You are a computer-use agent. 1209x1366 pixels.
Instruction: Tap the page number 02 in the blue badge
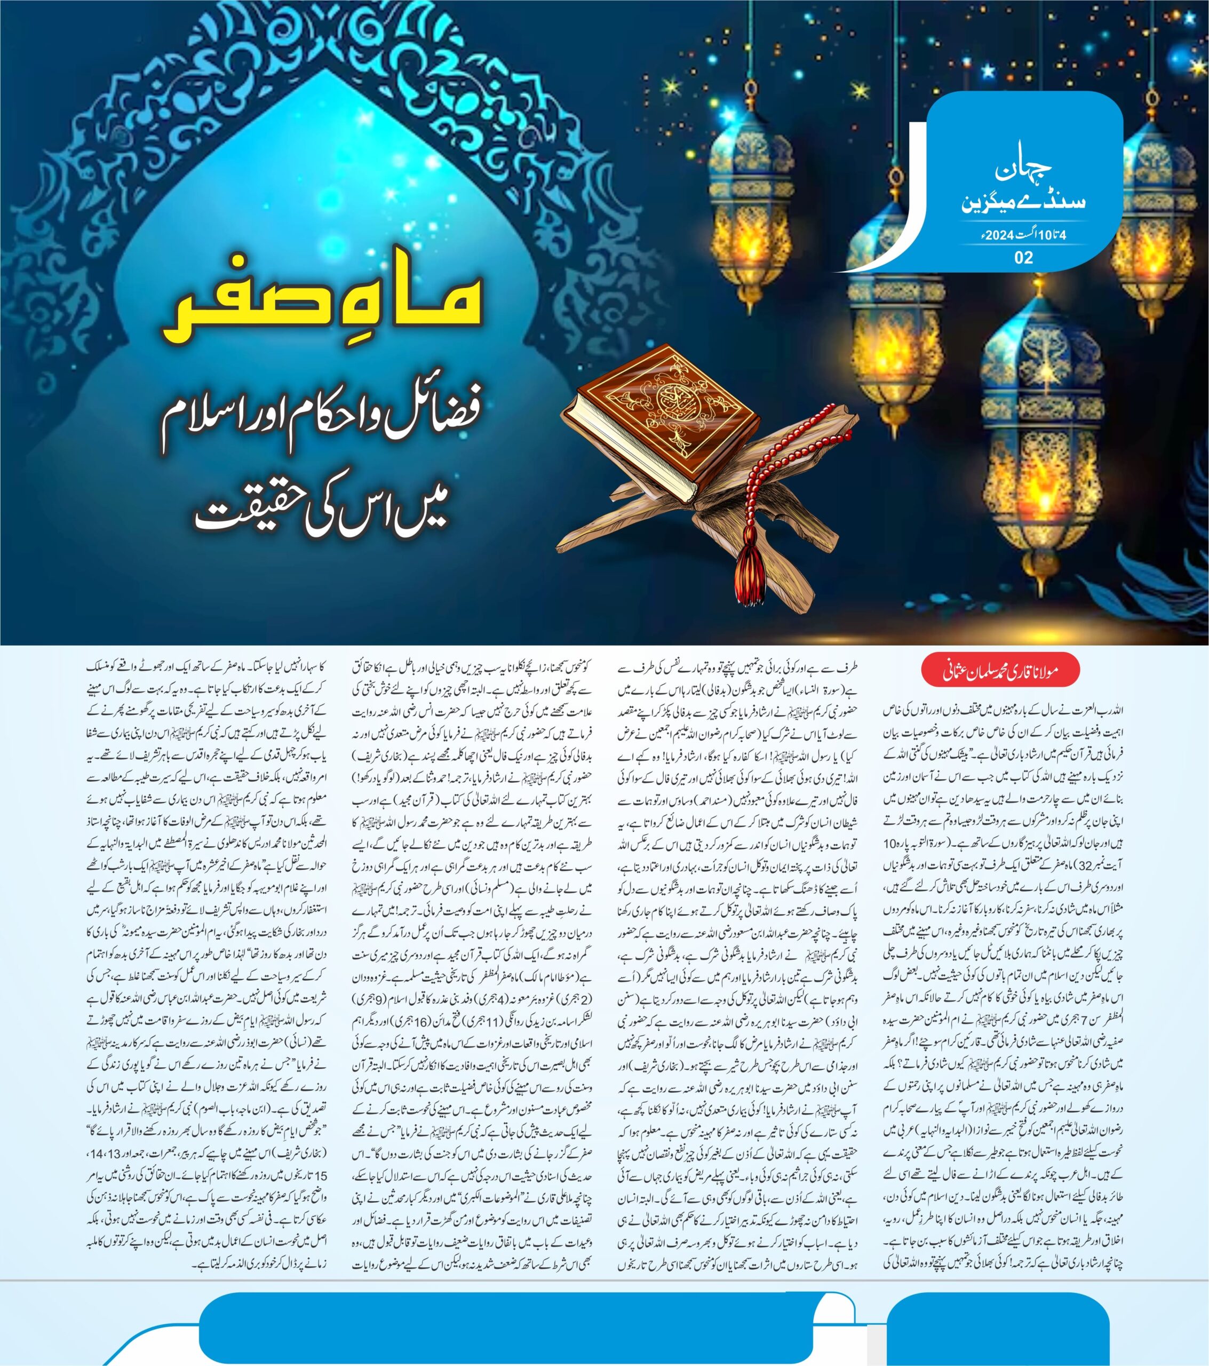click(1023, 258)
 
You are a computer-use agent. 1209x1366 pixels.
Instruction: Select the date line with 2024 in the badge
click(1023, 235)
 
